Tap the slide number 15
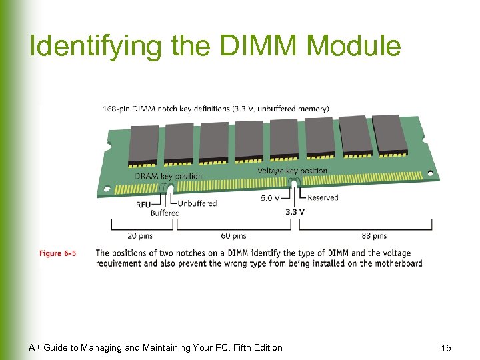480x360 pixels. (x=446, y=348)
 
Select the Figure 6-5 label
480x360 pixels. (x=57, y=253)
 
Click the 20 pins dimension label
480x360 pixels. (x=141, y=235)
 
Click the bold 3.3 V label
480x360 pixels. (x=295, y=212)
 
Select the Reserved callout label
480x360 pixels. (x=323, y=197)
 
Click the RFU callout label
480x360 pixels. (x=143, y=205)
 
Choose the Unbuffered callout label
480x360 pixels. (x=197, y=203)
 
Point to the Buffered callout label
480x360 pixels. (x=165, y=213)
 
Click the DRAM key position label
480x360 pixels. (x=168, y=176)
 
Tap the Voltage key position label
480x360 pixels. (x=293, y=171)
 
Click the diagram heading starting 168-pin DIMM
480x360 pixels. (x=215, y=109)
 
